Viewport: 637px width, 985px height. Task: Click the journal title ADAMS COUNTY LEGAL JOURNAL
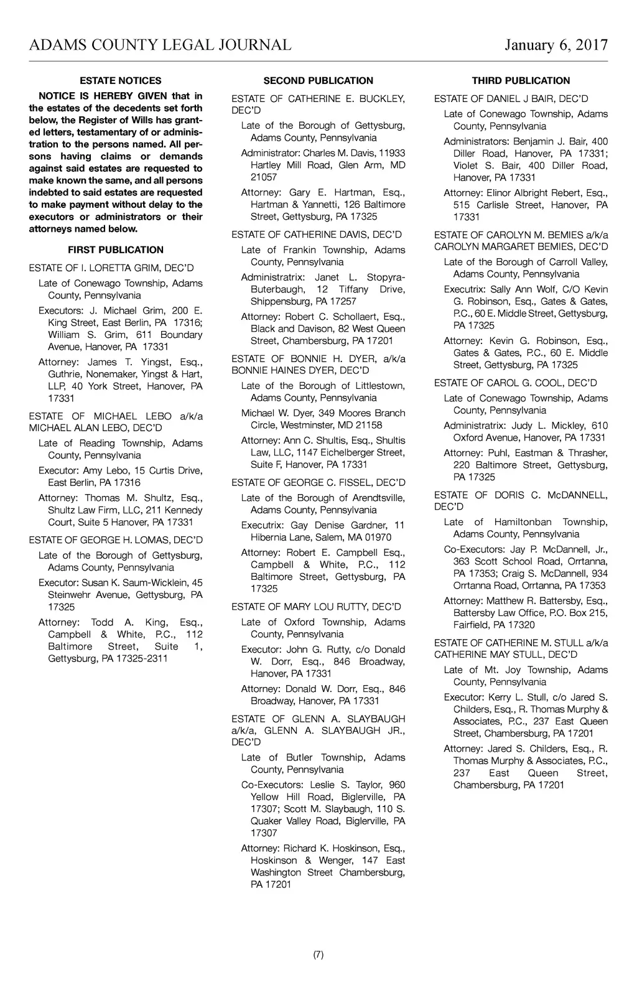tap(160, 45)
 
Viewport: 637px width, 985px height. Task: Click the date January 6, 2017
tap(556, 45)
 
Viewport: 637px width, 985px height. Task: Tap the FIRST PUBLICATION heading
tap(116, 250)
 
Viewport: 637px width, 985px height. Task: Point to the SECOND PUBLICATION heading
tap(318, 80)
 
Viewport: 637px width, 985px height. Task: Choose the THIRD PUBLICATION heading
tap(521, 80)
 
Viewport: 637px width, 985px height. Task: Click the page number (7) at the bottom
tap(318, 955)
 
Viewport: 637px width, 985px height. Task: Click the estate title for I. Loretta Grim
tap(111, 268)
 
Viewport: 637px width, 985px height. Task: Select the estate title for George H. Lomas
tap(116, 539)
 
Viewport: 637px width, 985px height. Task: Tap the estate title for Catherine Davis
tap(317, 235)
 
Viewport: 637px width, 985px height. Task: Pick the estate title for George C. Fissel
tap(318, 482)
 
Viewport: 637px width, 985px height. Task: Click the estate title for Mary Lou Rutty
tap(316, 607)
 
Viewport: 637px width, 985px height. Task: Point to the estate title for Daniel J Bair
tap(511, 98)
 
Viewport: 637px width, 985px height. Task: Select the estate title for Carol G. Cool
tap(515, 383)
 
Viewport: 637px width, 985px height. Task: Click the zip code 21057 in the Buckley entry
tap(264, 177)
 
